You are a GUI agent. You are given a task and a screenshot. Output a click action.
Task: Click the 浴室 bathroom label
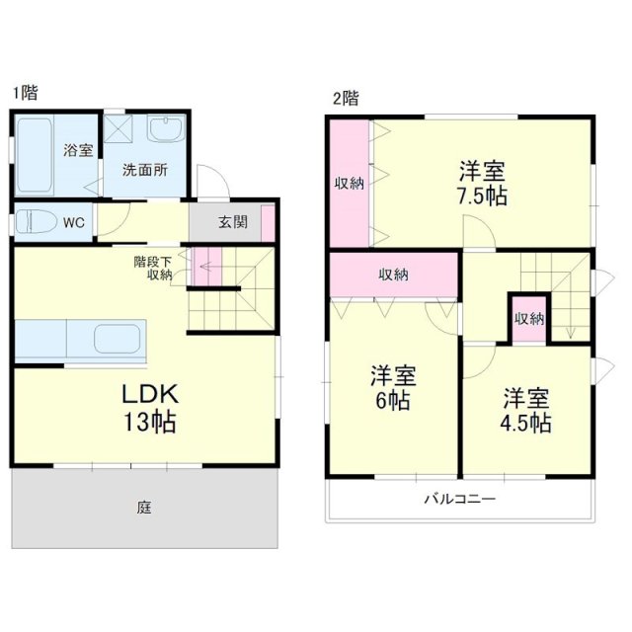78,151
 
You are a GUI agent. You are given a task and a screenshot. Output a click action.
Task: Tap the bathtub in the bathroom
38,156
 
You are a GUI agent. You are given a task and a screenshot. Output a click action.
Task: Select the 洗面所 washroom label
144,169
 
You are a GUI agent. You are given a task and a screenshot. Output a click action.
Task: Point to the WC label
73,223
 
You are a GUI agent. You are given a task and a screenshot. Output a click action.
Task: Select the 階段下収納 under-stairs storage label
153,268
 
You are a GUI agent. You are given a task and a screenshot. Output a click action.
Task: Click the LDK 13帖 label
149,408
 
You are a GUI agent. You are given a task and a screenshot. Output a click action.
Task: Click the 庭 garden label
144,509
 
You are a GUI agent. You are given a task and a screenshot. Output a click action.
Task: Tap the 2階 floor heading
345,98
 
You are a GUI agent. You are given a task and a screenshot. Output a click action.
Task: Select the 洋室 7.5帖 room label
483,181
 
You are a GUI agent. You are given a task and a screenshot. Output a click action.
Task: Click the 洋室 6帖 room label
392,388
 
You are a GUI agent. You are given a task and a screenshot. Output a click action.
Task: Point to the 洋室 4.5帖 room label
525,411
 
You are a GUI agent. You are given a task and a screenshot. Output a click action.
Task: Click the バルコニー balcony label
460,500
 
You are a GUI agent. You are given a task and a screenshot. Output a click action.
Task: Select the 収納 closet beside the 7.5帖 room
348,183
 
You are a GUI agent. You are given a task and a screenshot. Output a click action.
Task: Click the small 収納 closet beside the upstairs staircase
528,318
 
